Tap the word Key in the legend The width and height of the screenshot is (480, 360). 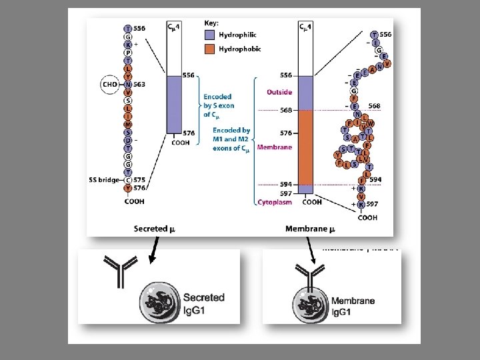(x=210, y=22)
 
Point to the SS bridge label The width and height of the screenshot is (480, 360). (x=104, y=179)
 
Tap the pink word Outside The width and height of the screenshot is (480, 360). (x=279, y=92)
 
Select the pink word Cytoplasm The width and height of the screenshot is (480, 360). (x=274, y=202)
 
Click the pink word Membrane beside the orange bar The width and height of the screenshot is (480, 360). (x=274, y=147)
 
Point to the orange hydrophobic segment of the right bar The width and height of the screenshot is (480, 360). (x=307, y=147)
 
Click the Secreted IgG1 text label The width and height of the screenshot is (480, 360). (x=203, y=303)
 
